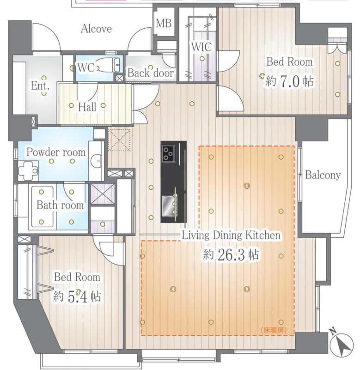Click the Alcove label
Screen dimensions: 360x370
click(96, 29)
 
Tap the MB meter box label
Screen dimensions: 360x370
click(164, 23)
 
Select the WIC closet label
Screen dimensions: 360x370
click(201, 47)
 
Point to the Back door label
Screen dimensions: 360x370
click(150, 73)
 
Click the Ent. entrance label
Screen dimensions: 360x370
click(40, 86)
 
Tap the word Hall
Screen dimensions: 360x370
click(87, 107)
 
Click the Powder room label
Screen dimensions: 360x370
click(56, 152)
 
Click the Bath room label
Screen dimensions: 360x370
click(60, 205)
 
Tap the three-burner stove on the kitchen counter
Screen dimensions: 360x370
click(169, 154)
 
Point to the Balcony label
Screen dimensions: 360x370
click(323, 175)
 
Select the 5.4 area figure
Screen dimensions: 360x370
click(77, 297)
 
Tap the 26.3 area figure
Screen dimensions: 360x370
click(231, 255)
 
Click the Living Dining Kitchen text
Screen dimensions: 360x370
click(231, 235)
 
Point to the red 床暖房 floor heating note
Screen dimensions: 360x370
click(274, 330)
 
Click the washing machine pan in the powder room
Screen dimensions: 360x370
click(28, 171)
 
